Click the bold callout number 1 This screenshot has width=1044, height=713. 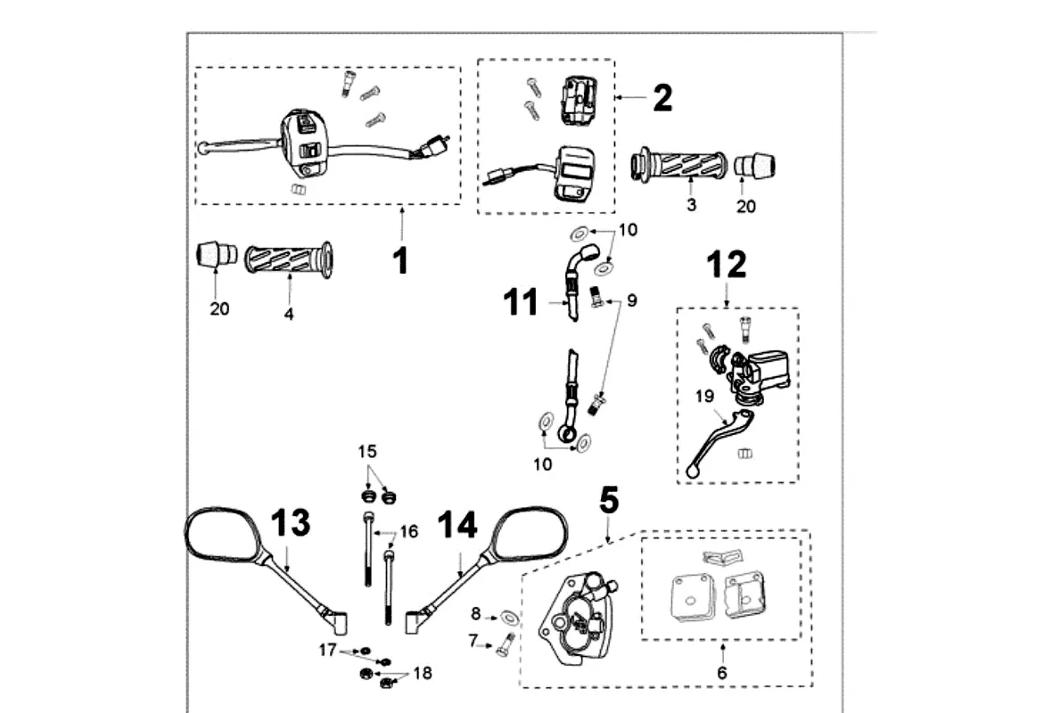401,261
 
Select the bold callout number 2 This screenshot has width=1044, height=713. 662,98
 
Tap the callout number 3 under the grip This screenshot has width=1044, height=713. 692,205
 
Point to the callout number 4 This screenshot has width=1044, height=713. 289,314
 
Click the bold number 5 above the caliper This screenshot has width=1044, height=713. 609,501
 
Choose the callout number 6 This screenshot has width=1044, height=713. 722,673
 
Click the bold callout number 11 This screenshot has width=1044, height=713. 521,302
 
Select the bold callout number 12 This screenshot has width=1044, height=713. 727,265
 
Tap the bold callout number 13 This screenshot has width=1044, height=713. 291,522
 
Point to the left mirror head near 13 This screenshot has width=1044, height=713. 222,537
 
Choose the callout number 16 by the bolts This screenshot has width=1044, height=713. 408,532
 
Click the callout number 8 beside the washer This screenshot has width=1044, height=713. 476,613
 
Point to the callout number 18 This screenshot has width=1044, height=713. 423,673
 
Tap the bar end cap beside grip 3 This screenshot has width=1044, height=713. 754,166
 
